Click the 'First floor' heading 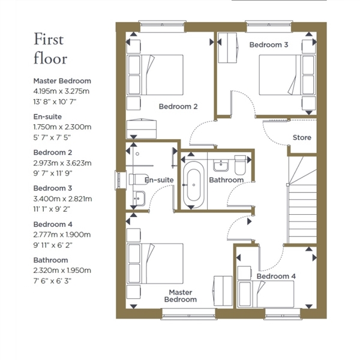pos(50,49)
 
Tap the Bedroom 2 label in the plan pos(178,107)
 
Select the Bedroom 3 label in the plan pos(269,45)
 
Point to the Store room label pos(302,137)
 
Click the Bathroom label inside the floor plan pos(226,180)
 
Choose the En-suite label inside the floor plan pos(159,180)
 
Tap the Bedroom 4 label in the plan pos(276,276)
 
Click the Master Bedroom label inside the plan pos(181,296)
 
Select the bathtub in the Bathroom pos(194,185)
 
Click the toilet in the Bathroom pos(240,165)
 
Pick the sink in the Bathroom pos(221,166)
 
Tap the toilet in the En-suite pos(136,179)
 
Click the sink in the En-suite pos(139,199)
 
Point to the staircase pos(302,200)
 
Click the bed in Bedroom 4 pos(266,294)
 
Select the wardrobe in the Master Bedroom pos(223,291)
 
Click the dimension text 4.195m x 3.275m pos(61,91)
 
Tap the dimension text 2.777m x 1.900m pos(62,235)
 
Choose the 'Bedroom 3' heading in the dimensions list pos(53,188)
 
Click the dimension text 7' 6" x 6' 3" pos(52,281)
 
